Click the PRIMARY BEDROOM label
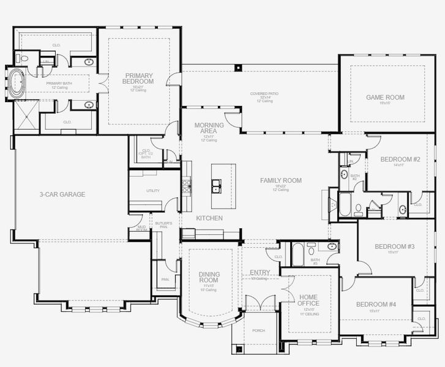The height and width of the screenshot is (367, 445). [x=137, y=79]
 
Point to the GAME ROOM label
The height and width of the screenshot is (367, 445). [x=385, y=97]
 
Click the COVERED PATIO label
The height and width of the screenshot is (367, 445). [x=264, y=94]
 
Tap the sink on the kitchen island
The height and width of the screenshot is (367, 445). [x=216, y=184]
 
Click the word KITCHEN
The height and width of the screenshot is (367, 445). [x=209, y=218]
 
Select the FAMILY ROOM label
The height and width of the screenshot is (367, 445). [x=281, y=180]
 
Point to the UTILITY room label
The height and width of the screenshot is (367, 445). [x=152, y=191]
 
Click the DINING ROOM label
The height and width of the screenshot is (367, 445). [x=209, y=277]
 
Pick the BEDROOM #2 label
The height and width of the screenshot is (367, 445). [x=400, y=160]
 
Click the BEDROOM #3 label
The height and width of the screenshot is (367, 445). [x=395, y=247]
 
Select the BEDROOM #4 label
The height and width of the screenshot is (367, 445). [x=376, y=305]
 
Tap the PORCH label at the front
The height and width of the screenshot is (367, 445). [x=258, y=331]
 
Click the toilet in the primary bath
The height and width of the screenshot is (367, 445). [x=19, y=58]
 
